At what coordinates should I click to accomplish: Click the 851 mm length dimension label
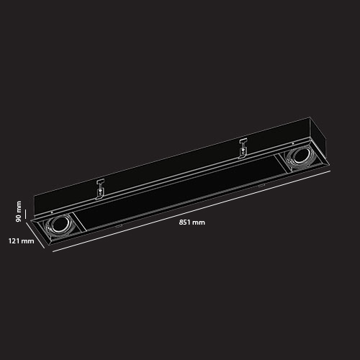192,222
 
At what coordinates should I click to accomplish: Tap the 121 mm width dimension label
22,240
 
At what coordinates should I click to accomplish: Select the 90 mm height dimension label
19,212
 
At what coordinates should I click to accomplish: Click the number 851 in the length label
184,222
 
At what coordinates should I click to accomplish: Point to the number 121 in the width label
14,240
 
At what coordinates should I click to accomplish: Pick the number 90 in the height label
19,218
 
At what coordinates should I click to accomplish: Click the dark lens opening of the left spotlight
58,225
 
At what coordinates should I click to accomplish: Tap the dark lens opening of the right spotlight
299,156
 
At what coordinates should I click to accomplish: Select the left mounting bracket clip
100,189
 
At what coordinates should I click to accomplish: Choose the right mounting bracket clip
243,149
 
